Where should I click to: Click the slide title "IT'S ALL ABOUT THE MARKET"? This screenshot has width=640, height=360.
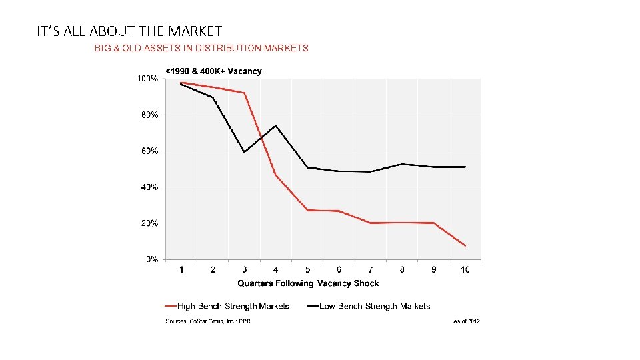point(129,31)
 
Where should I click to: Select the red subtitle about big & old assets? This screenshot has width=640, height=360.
point(201,48)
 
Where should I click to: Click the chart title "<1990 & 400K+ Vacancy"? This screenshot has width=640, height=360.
point(213,71)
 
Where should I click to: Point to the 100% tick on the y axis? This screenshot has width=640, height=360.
point(147,79)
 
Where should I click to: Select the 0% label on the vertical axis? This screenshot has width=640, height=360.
point(151,259)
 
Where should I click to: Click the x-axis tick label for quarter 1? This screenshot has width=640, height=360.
point(181,270)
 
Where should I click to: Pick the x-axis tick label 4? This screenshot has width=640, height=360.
point(276,270)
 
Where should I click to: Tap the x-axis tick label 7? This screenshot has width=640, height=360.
point(371,270)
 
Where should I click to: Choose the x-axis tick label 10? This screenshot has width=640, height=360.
point(465,270)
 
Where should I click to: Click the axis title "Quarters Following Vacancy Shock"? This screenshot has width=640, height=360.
point(308,283)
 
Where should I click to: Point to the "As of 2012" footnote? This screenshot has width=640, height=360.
point(466,321)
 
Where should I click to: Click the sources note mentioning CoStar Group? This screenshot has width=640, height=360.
point(208,321)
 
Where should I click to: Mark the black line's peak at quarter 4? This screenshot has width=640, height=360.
point(276,125)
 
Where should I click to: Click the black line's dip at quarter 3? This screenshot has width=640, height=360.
point(245,152)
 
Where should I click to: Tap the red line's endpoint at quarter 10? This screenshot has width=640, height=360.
point(465,246)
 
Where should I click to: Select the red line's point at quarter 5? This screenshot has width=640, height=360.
point(307,210)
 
